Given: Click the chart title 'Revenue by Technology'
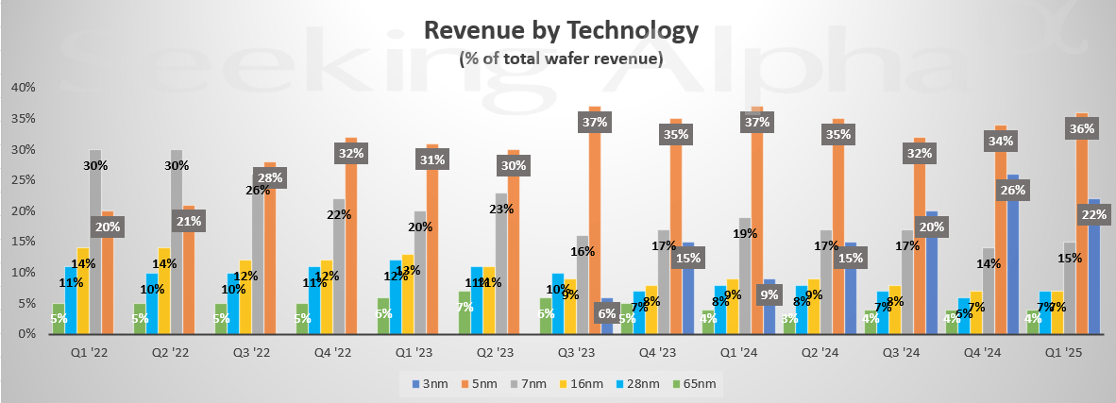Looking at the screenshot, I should click(x=561, y=30).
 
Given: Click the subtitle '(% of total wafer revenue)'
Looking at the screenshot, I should click(x=561, y=59).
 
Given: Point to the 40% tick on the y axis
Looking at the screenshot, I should click(x=23, y=88).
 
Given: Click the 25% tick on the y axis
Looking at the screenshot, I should click(x=23, y=180).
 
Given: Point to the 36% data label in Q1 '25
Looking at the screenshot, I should click(x=1079, y=128).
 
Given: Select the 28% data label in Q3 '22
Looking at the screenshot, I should click(x=269, y=178).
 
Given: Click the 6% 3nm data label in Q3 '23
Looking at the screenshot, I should click(x=605, y=313).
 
